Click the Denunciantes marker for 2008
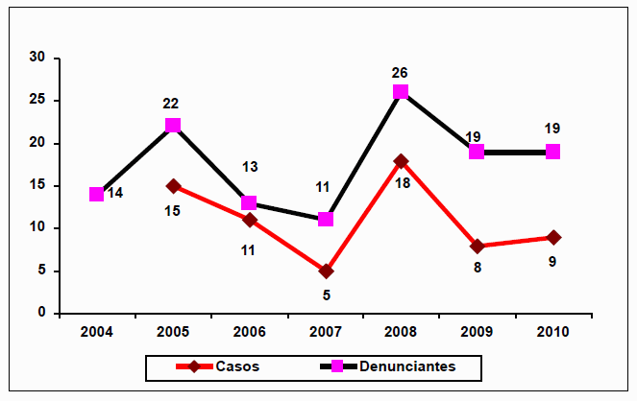(401, 92)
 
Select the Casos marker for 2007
(325, 271)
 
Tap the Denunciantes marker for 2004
(96, 194)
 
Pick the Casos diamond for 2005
(173, 185)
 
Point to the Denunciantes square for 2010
(553, 152)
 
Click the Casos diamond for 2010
(553, 237)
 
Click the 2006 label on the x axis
(249, 331)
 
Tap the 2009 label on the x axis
(478, 331)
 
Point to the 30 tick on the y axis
(37, 58)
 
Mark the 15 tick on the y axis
(37, 185)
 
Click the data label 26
(401, 72)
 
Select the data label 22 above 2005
(170, 104)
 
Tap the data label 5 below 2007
(325, 293)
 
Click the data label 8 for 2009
(477, 267)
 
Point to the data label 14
(115, 194)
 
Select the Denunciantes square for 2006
(249, 202)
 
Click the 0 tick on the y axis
(41, 313)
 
